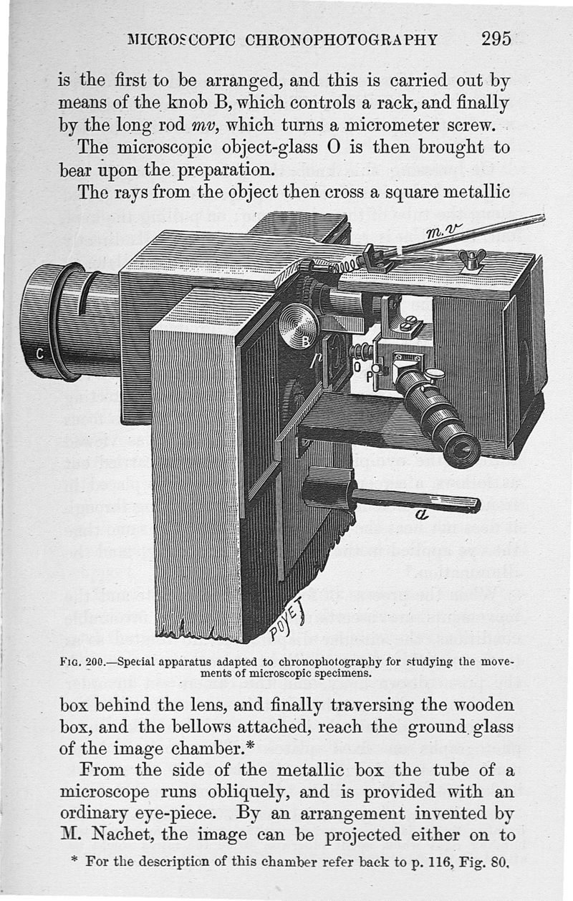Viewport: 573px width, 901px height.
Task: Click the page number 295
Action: coord(496,38)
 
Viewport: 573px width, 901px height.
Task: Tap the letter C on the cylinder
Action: coord(40,352)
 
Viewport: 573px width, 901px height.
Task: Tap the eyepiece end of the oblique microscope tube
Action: coord(462,450)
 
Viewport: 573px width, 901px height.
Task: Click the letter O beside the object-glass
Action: coord(357,366)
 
